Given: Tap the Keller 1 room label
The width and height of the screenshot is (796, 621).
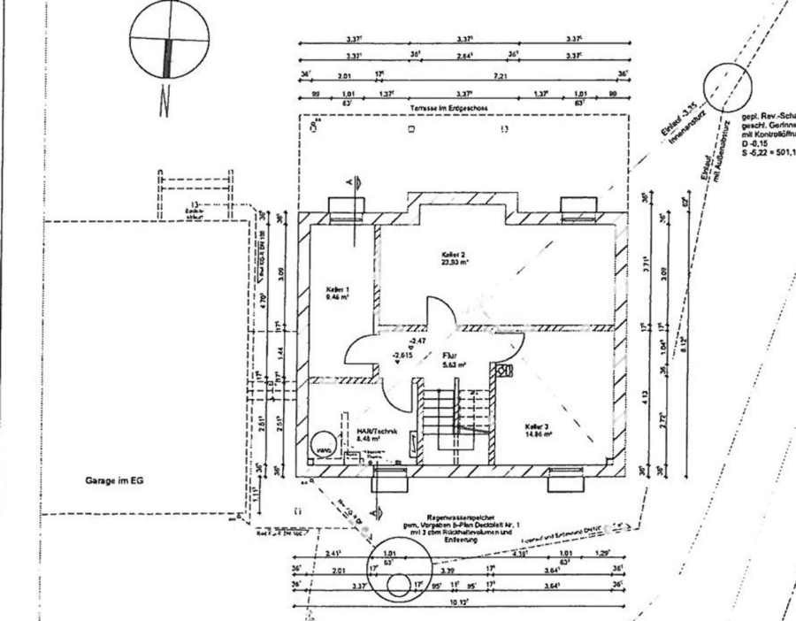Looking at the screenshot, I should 338,289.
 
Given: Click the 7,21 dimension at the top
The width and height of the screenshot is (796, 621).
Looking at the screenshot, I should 500,76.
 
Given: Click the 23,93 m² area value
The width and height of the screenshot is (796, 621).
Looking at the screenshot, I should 455,263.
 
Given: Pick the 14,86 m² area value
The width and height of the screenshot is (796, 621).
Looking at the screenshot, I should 537,434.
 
